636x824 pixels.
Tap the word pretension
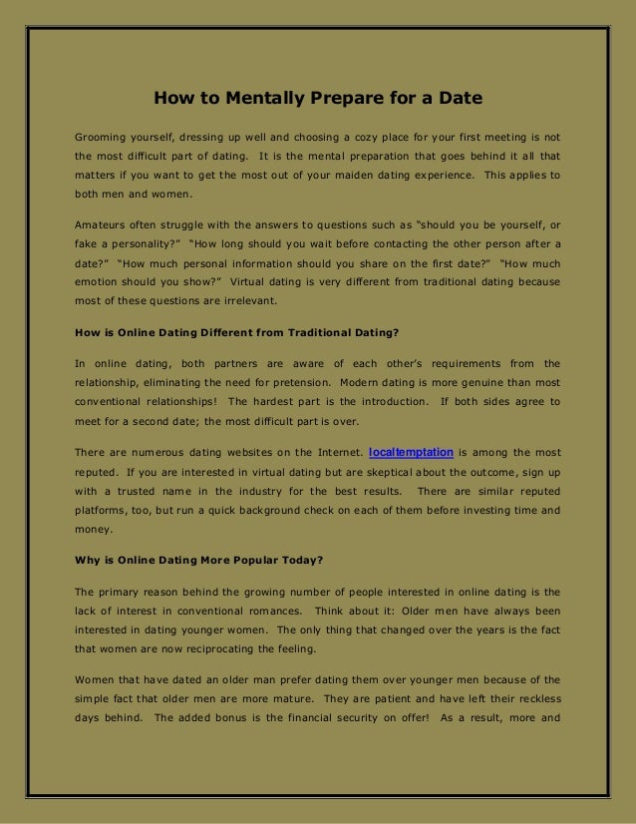pyautogui.click(x=291, y=382)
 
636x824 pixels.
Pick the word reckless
pyautogui.click(x=531, y=698)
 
